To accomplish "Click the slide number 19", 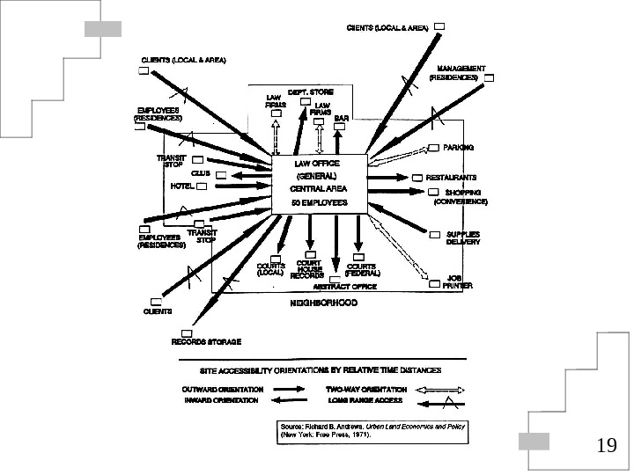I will (606, 446).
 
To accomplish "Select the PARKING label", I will (458, 148).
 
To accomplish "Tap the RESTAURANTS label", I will (451, 177).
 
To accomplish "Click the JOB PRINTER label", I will (458, 281).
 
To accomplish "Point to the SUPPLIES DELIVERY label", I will (462, 237).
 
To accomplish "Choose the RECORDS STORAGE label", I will (206, 341).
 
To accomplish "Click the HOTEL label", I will (181, 186).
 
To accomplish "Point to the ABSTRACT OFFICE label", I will (345, 287).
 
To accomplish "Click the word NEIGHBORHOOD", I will (324, 303).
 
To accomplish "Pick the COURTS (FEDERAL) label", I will (362, 269).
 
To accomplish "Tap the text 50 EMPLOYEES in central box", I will (321, 203).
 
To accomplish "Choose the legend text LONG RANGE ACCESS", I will (364, 400).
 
